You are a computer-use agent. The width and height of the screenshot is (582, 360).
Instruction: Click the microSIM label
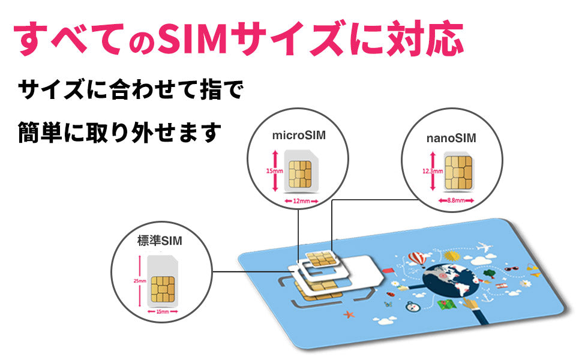tap(299, 135)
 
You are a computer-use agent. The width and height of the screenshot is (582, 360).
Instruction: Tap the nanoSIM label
tap(451, 139)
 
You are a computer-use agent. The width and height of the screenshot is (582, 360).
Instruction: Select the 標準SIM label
tap(159, 241)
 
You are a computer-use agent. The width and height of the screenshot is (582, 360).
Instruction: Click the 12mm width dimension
tap(301, 201)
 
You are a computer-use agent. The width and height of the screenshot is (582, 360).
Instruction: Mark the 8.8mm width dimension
tap(458, 200)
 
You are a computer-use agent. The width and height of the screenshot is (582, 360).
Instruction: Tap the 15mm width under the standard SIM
tap(161, 312)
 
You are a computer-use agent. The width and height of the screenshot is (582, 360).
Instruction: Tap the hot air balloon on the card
tap(416, 259)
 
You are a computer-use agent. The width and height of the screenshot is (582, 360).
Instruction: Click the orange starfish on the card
tap(349, 314)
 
